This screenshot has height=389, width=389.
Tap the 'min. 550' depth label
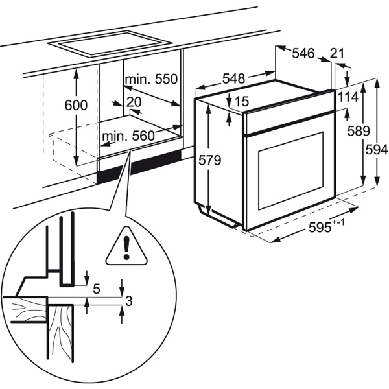click(x=151, y=80)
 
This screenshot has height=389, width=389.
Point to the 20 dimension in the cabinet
click(x=134, y=102)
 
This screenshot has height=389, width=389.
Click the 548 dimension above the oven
click(x=233, y=78)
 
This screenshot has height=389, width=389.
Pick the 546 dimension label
click(x=303, y=54)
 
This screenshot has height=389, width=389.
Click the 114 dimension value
click(x=348, y=96)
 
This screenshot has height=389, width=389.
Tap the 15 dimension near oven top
click(x=242, y=101)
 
